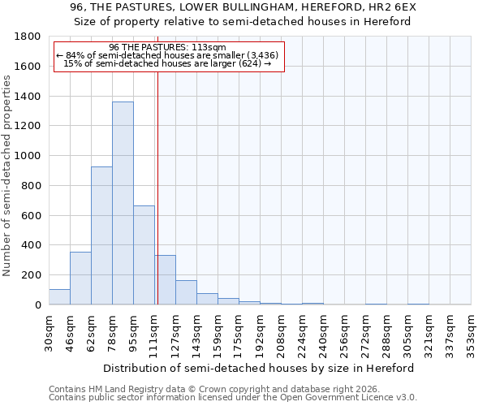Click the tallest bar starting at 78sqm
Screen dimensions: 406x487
coord(123,203)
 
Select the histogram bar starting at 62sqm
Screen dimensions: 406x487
coord(101,235)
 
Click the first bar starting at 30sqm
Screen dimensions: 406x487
coord(59,296)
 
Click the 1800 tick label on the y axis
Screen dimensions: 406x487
coord(28,37)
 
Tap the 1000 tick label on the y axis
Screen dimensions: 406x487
coord(28,156)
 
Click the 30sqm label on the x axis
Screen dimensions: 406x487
coord(50,331)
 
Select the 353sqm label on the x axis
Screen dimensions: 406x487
coord(471,331)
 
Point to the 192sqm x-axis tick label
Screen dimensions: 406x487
coord(260,331)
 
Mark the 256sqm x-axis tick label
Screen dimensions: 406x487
coord(344,331)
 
